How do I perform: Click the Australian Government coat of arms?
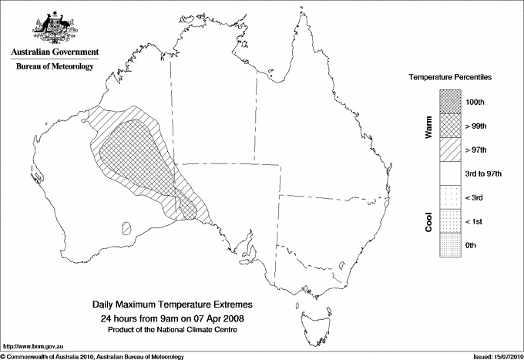[54, 28]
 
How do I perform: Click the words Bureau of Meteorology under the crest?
[55, 67]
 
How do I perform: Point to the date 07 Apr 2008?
[219, 318]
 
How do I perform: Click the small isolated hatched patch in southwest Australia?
[126, 227]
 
